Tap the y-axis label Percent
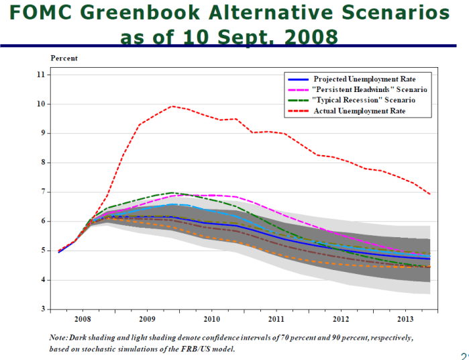pos(64,58)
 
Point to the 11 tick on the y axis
pos(42,75)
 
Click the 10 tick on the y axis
pos(42,104)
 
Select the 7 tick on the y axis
pos(43,192)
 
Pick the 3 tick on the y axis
pos(43,309)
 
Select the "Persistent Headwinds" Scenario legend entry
pos(370,89)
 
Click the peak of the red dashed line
pos(173,106)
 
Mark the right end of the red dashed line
pos(429,194)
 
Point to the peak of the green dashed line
pos(173,193)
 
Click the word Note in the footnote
pos(58,337)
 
